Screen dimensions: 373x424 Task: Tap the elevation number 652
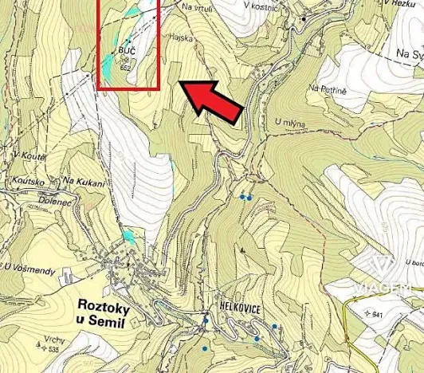point(125,67)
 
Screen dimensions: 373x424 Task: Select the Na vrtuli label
point(198,6)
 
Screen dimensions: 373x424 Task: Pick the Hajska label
point(182,37)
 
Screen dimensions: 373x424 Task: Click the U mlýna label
point(289,122)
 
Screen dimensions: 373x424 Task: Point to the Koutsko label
point(29,182)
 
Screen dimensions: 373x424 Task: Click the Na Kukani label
point(84,183)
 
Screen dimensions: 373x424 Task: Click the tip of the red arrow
point(178,83)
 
